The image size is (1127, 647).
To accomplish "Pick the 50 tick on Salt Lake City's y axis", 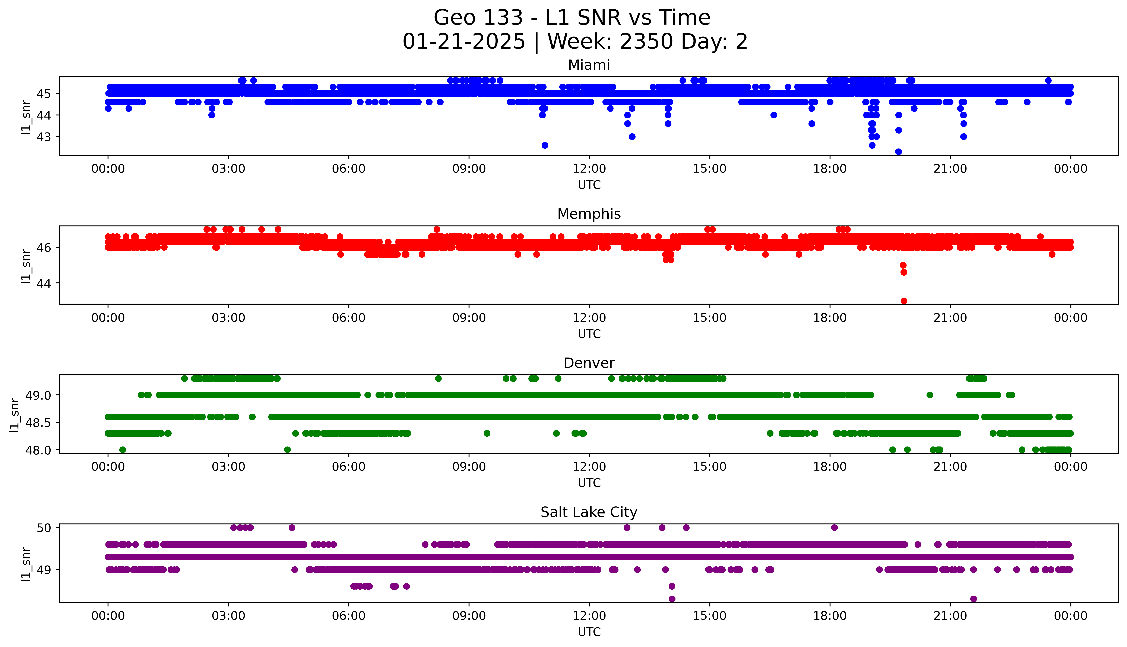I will coord(44,528).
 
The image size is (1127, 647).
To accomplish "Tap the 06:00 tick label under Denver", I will coord(349,467).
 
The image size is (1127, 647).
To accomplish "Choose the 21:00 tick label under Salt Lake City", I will coord(950,616).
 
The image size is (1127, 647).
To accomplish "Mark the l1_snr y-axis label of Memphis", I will coord(26,266).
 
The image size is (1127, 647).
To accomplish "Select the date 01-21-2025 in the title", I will coord(464,42).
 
